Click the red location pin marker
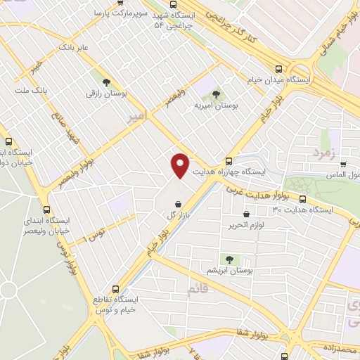click(181, 165)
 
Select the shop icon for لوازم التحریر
click(246, 214)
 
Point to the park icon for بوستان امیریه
click(216, 94)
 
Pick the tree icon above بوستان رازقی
click(106, 82)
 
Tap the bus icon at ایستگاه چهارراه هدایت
click(228, 161)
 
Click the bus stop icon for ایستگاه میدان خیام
click(279, 70)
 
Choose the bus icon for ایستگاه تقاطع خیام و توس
click(116, 289)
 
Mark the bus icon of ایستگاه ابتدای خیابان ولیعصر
click(47, 210)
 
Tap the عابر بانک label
click(75, 46)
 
